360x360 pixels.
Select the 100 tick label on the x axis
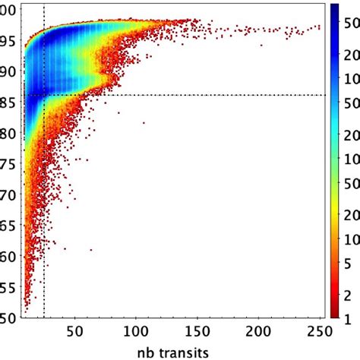pyautogui.click(x=135, y=332)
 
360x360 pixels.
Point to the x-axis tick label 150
pyautogui.click(x=197, y=332)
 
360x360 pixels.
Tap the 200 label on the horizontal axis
pyautogui.click(x=258, y=332)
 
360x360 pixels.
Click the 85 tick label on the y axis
pyautogui.click(x=8, y=101)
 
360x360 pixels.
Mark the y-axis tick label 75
pyautogui.click(x=8, y=163)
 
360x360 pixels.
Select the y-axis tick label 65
pyautogui.click(x=8, y=226)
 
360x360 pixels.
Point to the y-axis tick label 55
pyautogui.click(x=8, y=287)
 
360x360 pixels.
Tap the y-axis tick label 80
pyautogui.click(x=8, y=132)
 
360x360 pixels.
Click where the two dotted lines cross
pyautogui.click(x=44, y=95)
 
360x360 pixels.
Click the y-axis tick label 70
pyautogui.click(x=8, y=194)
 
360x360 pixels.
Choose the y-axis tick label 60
pyautogui.click(x=8, y=256)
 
